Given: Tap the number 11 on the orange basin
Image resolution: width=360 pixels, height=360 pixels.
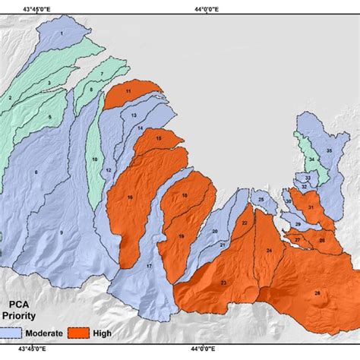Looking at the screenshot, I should click(x=129, y=91).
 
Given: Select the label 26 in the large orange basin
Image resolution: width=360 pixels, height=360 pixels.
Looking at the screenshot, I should click(x=317, y=293).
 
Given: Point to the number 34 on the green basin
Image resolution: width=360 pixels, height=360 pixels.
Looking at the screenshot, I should click(x=311, y=159).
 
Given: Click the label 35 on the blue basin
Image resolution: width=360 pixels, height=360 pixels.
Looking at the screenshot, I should click(x=329, y=151).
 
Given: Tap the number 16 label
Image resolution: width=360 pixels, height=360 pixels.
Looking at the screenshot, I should click(x=130, y=198).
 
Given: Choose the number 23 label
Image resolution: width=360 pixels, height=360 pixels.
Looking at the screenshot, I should click(x=223, y=283).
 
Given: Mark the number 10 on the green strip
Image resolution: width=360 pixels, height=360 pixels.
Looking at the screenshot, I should click(x=95, y=159).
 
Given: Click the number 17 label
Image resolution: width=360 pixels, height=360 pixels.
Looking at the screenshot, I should click(x=149, y=267).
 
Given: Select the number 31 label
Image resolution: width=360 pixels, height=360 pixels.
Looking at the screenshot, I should click(x=311, y=207).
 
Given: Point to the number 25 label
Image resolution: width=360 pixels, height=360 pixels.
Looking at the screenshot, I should click(x=261, y=201).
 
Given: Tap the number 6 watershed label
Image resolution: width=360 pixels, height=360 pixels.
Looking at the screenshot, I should click(x=35, y=172).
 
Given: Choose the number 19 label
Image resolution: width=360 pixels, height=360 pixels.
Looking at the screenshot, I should click(x=182, y=237).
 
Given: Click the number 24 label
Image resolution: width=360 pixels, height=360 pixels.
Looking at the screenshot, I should click(x=269, y=251).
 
